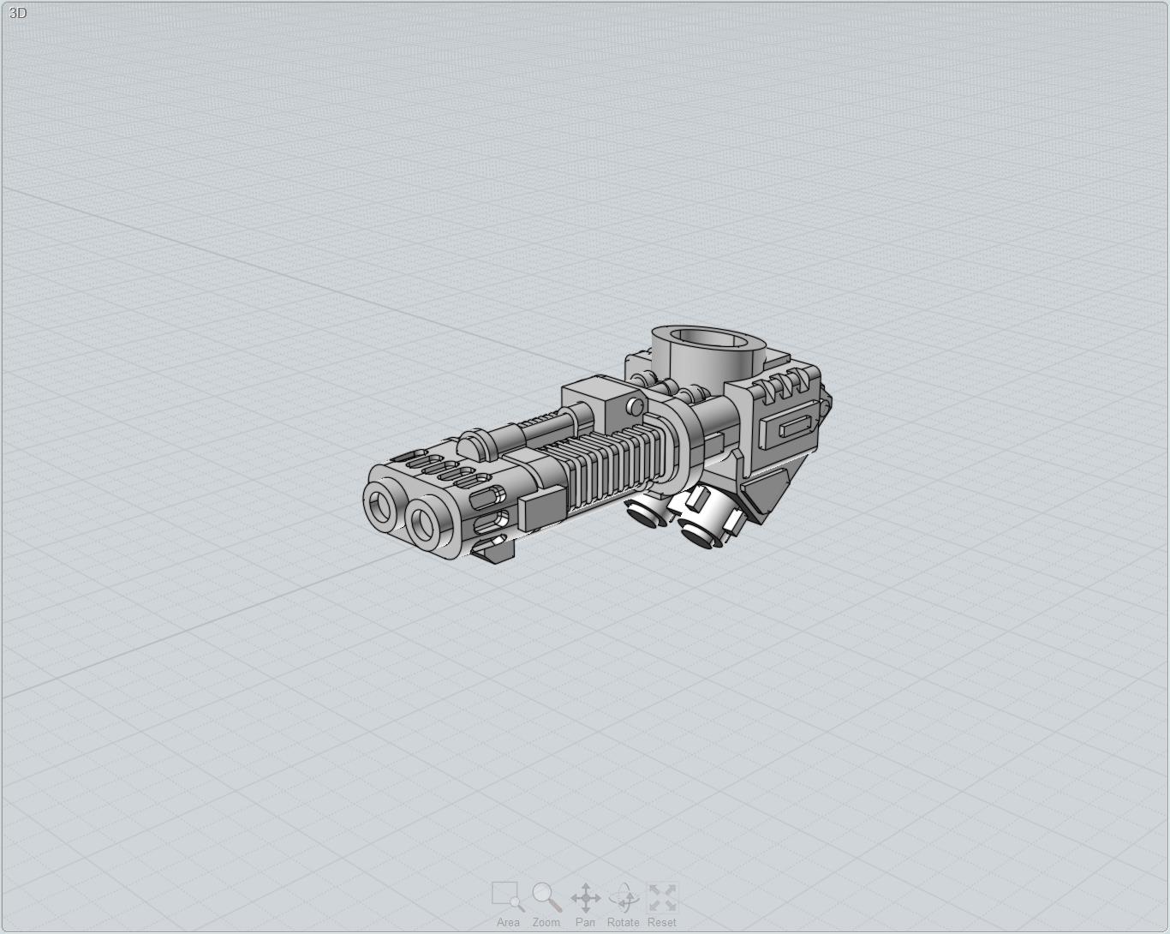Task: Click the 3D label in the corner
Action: (x=18, y=13)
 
